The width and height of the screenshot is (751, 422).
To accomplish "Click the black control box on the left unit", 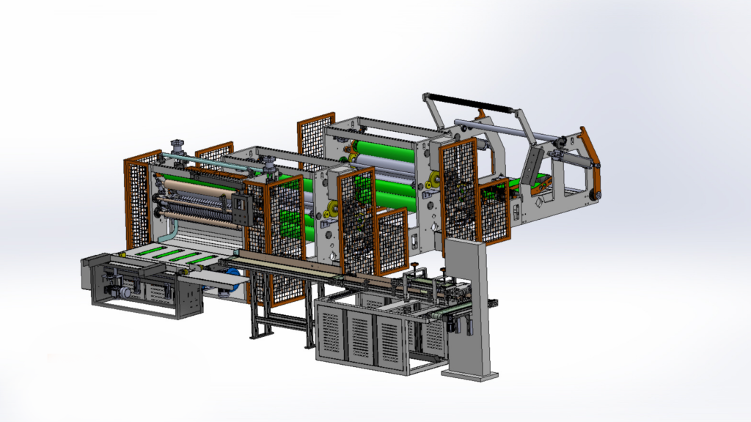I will pyautogui.click(x=240, y=207).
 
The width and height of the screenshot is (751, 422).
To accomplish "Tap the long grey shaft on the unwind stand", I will pyautogui.click(x=506, y=130).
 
